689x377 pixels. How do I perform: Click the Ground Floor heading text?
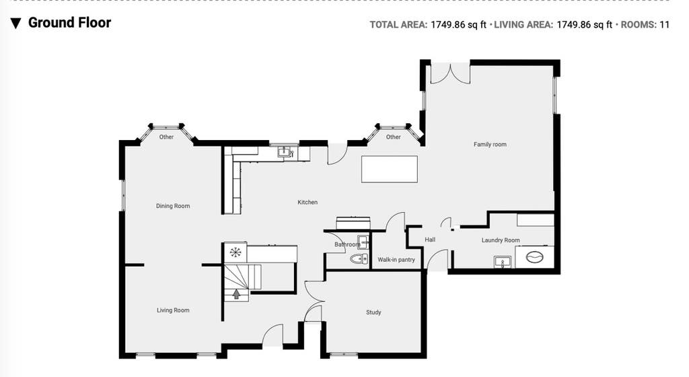[x=69, y=22]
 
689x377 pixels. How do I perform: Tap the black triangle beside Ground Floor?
[x=16, y=24]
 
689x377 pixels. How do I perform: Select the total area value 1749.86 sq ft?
[x=458, y=25]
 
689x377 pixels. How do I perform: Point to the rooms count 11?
[x=664, y=25]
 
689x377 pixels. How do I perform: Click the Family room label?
[x=490, y=144]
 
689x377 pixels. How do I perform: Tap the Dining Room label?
[x=173, y=205]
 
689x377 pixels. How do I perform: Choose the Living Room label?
[x=173, y=310]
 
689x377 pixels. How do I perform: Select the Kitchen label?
[x=307, y=202]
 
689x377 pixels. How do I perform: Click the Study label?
[x=373, y=312]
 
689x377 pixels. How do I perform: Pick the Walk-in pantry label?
[x=396, y=260]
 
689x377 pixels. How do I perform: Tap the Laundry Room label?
[x=501, y=240]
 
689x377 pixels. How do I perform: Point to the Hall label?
[x=430, y=240]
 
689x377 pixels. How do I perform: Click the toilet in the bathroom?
[x=359, y=259]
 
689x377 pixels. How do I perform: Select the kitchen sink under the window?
[x=285, y=152]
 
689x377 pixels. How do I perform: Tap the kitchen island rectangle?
[x=390, y=169]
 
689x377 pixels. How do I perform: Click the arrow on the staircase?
[x=236, y=294]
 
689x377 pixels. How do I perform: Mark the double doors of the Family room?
[x=450, y=73]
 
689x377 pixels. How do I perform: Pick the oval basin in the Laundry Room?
[x=535, y=256]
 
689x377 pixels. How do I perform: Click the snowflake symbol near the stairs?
[x=235, y=252]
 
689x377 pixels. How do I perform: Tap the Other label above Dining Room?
[x=166, y=137]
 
